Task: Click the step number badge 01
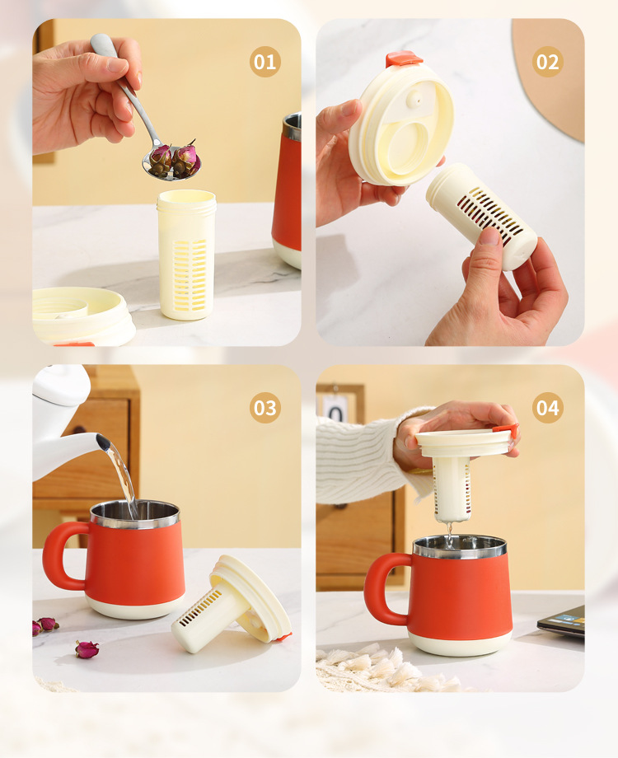tap(265, 62)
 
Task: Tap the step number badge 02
tap(548, 62)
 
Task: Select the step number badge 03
tap(265, 408)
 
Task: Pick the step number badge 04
tap(548, 408)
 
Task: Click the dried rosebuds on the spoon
tap(173, 159)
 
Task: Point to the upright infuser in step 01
tap(187, 255)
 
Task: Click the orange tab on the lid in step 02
tap(404, 60)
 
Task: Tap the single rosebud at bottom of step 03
tap(87, 649)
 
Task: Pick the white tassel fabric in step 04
tap(379, 666)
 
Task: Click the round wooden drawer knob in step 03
tap(80, 429)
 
